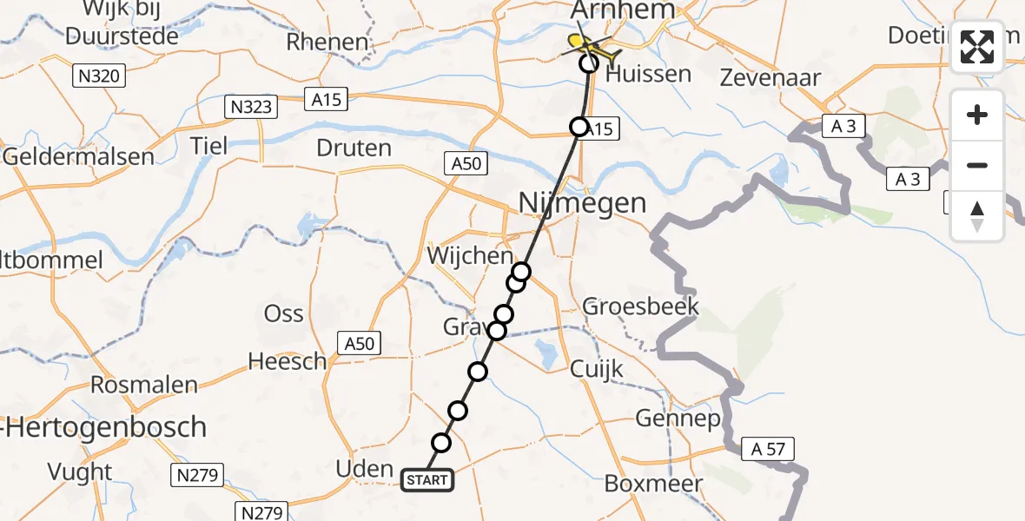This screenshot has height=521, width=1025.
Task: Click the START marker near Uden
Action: pos(427,480)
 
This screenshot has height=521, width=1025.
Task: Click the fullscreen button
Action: pos(977,46)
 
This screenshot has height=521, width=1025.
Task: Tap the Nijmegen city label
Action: pos(582,203)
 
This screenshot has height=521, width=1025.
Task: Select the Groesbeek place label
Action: pos(640,307)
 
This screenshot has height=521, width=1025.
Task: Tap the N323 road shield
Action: pos(250,108)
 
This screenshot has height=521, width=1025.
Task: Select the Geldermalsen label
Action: pos(77,157)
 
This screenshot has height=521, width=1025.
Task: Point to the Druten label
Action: pos(354,148)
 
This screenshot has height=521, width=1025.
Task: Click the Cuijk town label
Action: pos(598,369)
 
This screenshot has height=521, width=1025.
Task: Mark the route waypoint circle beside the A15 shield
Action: pos(579,128)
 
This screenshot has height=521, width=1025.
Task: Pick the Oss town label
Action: pos(284,313)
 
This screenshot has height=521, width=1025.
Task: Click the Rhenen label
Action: pos(327,42)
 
